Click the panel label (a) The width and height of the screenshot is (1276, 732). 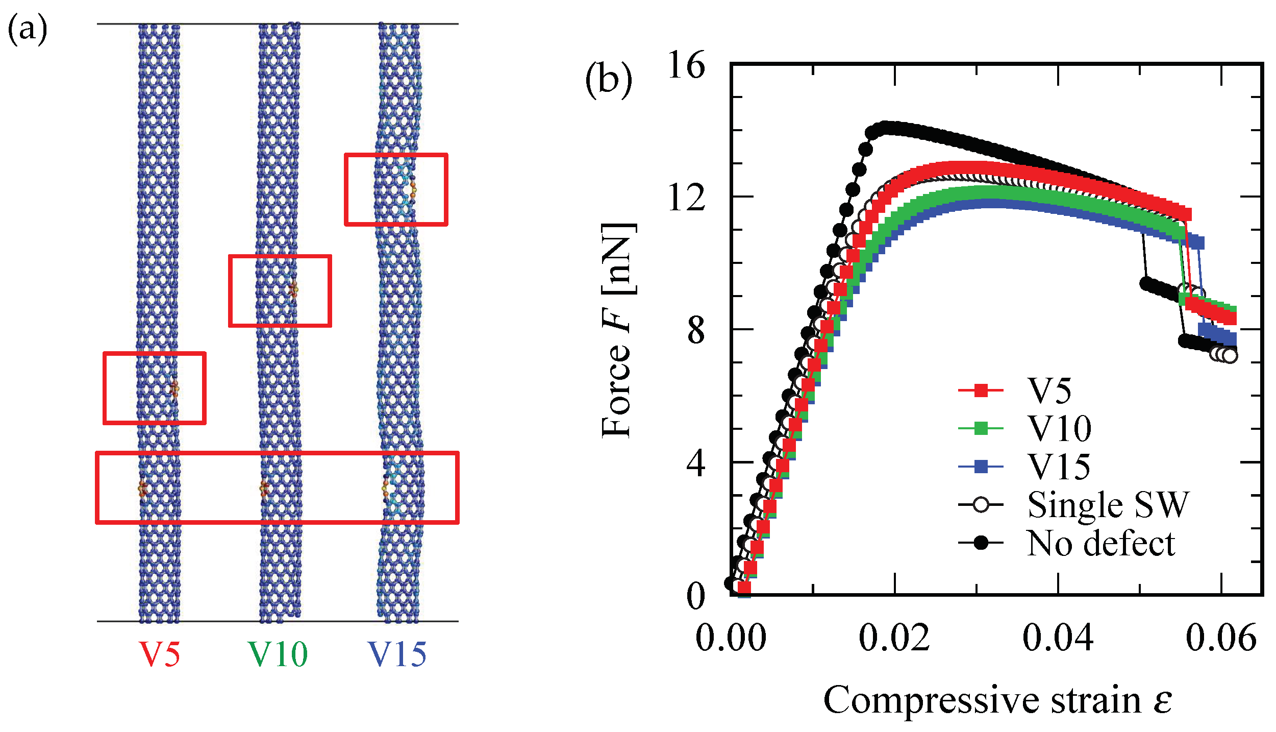coord(28,29)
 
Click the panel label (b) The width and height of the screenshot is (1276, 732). coord(608,80)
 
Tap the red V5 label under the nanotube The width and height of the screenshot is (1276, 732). coord(160,654)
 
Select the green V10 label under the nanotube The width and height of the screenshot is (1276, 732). coord(278,654)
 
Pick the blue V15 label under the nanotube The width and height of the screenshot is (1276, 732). coord(397,654)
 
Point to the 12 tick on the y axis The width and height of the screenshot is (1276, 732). coord(686,198)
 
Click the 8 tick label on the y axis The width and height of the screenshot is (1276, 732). coord(695,330)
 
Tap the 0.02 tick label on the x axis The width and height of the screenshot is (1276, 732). coord(894,638)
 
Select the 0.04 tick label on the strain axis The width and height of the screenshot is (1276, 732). coord(1058,638)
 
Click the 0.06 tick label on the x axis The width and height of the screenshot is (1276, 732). coord(1220,638)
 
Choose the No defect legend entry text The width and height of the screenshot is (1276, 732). coord(1101,543)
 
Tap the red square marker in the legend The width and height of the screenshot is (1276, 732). coord(981,391)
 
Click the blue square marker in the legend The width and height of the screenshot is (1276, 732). coord(981,467)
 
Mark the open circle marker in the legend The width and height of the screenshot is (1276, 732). coord(981,505)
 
